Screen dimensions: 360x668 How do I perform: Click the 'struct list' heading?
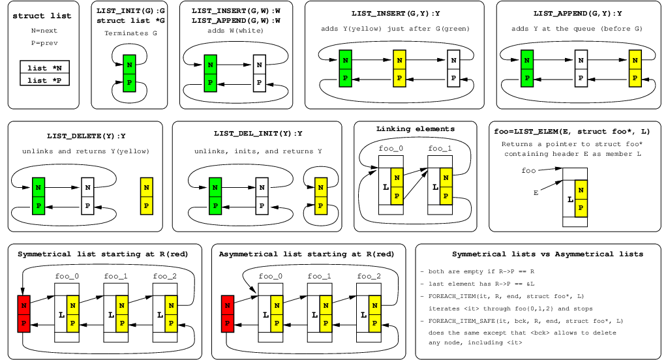click(42, 16)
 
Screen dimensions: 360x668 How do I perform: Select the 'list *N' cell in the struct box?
click(45, 68)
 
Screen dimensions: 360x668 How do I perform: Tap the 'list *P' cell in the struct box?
click(45, 80)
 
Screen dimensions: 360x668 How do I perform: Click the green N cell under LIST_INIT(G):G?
click(129, 65)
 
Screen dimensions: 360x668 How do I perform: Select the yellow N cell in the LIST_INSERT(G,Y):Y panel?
click(400, 60)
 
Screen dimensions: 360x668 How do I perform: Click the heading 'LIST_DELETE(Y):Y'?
click(86, 136)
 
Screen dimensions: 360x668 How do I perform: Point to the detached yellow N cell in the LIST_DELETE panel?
click(146, 188)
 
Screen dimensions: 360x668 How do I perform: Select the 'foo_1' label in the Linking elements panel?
click(440, 149)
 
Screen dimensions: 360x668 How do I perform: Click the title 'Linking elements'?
click(416, 128)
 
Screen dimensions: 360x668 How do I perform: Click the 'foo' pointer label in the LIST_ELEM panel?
click(529, 171)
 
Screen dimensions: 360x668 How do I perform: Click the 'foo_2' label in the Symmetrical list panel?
click(165, 277)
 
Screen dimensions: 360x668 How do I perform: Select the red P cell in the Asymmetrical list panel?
click(228, 322)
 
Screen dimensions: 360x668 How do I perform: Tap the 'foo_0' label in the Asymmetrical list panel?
click(270, 277)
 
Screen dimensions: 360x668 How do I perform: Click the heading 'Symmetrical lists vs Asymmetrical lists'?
click(538, 254)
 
